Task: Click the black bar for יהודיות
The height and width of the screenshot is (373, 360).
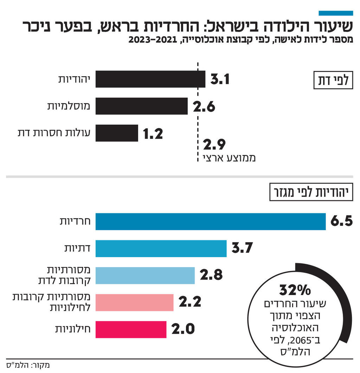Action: (x=150, y=79)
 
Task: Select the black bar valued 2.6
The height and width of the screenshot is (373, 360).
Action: (x=141, y=106)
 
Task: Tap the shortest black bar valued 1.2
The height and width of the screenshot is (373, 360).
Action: (x=117, y=133)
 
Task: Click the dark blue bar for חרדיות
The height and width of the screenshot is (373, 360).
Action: (x=210, y=222)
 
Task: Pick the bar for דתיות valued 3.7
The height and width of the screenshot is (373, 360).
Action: (x=161, y=249)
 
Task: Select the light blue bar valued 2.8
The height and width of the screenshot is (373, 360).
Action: (x=145, y=275)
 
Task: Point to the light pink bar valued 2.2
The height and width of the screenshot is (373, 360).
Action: (x=134, y=302)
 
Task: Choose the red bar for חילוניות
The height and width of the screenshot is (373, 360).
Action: (x=131, y=329)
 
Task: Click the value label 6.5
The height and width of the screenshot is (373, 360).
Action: (x=341, y=222)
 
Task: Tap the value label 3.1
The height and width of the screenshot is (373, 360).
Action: (x=220, y=79)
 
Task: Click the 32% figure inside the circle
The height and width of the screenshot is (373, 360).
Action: (x=295, y=290)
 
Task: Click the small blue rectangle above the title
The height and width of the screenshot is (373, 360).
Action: (x=335, y=13)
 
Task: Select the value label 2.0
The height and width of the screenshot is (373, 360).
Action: (x=183, y=329)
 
